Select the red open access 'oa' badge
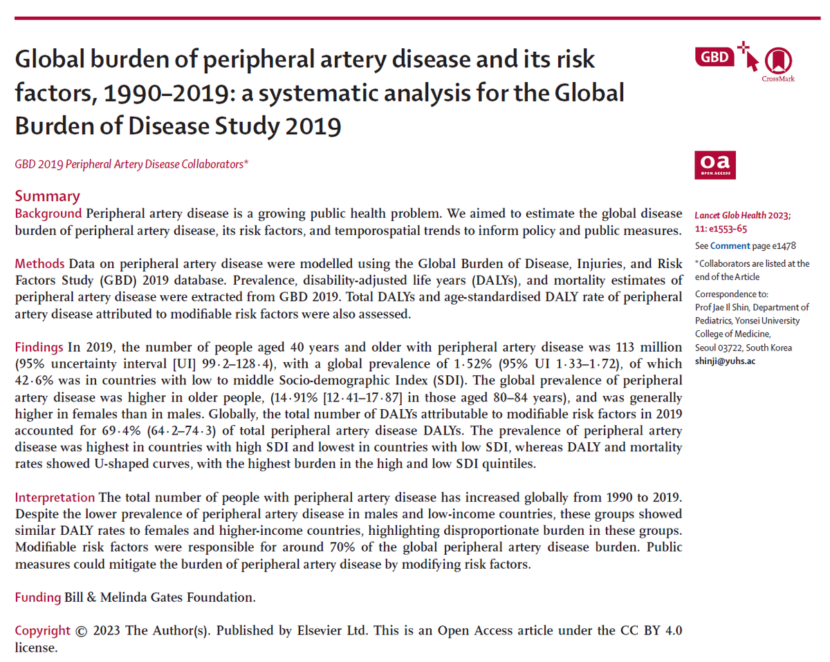(x=715, y=165)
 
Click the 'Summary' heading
(x=47, y=196)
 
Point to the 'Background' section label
(x=48, y=213)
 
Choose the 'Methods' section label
(x=40, y=264)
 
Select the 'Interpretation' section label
(x=55, y=498)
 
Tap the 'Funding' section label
(x=38, y=598)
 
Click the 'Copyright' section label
(x=42, y=631)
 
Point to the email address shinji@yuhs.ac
(x=723, y=361)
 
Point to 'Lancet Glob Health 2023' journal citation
(x=743, y=216)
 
